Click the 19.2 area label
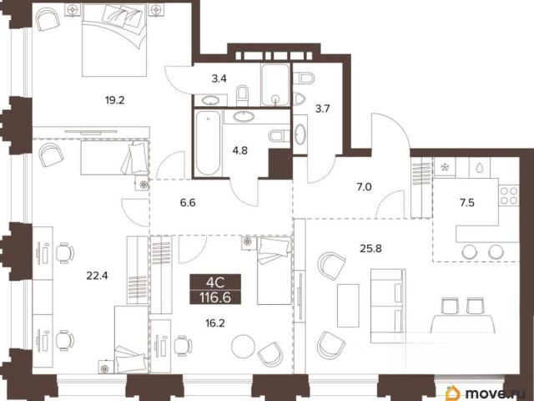tap(115, 100)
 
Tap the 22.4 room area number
tap(97, 275)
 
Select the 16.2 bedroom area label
tap(215, 322)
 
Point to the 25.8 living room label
tap(370, 249)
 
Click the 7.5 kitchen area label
tap(467, 203)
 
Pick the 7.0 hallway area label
tap(364, 187)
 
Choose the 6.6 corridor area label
tap(188, 203)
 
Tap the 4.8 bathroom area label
tap(239, 150)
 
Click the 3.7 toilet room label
tap(322, 109)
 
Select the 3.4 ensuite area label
tap(219, 79)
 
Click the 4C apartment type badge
tap(215, 282)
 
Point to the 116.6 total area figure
tap(215, 297)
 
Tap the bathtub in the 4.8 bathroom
tap(208, 143)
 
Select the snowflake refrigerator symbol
tap(445, 167)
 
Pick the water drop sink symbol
tap(480, 167)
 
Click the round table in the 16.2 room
tap(243, 347)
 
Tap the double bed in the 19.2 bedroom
tap(114, 40)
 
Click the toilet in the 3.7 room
tap(303, 78)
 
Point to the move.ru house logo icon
tap(452, 393)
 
